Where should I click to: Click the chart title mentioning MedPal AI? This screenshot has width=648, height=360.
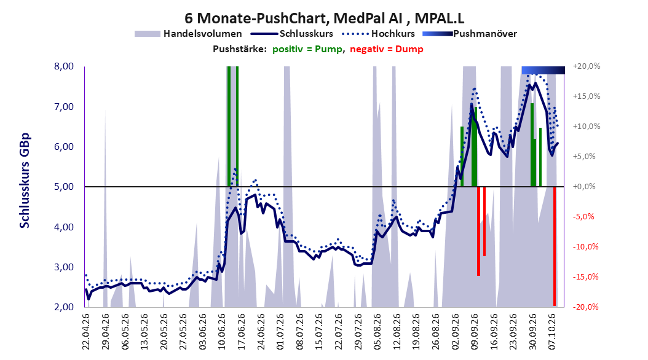coord(325,18)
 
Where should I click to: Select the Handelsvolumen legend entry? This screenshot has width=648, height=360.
coord(189,34)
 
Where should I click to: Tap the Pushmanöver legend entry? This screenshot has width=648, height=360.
coord(470,34)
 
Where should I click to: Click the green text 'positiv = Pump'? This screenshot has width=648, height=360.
coord(307,49)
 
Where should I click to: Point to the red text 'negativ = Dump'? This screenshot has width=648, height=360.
coord(387,49)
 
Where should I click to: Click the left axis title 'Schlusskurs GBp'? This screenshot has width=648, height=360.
coord(25,181)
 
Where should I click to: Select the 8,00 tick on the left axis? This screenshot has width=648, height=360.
coord(64,66)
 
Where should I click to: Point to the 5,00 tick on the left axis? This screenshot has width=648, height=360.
coord(64,187)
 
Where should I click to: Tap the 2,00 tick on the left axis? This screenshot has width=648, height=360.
coord(64,307)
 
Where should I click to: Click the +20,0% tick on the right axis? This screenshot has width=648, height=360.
coord(587,66)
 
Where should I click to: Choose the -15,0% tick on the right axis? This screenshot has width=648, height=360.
coord(585,276)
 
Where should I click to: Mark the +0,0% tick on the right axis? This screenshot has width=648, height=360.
coord(584,187)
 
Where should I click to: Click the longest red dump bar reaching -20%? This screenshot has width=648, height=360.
coord(555,246)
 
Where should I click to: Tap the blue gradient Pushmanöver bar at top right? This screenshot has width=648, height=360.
coord(543,70)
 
